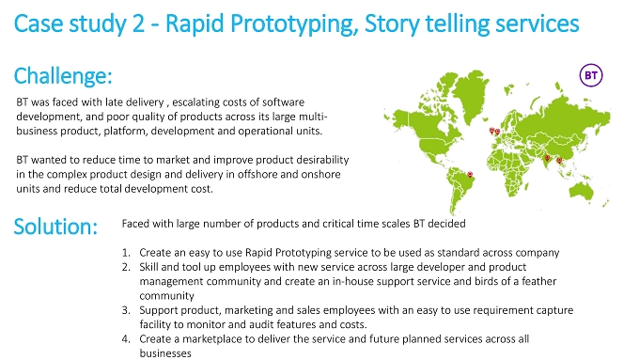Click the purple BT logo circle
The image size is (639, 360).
point(591,75)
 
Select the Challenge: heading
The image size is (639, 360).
point(63,76)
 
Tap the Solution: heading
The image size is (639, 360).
point(55,227)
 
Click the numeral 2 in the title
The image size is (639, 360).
point(138,23)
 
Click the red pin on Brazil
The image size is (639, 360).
point(470,175)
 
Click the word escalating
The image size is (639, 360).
point(194,102)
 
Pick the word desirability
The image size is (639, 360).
point(322,160)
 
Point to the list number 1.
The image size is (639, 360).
point(126,253)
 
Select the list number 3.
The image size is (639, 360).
point(126,310)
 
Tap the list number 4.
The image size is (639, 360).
point(126,339)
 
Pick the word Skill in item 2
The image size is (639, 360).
point(148,267)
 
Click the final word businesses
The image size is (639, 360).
point(165,353)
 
